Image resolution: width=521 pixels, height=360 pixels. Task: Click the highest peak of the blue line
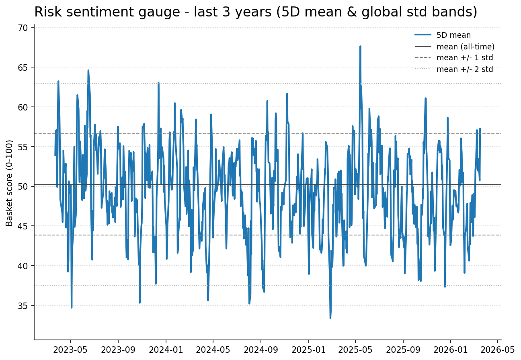(360, 46)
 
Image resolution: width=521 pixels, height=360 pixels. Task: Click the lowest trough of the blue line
(330, 318)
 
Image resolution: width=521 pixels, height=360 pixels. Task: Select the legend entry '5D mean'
(453, 35)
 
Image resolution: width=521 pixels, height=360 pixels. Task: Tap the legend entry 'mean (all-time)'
(465, 47)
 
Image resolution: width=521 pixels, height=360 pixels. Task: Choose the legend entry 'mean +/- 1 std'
(464, 58)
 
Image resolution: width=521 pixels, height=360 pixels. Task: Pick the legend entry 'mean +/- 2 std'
(464, 69)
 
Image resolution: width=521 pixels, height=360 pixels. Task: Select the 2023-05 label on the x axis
(70, 349)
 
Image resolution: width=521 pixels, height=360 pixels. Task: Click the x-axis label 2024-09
(260, 349)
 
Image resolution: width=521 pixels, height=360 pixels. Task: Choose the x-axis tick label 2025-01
(308, 349)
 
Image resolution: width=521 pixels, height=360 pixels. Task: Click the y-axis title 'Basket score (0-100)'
(10, 183)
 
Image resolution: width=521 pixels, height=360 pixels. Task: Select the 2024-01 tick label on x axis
(165, 349)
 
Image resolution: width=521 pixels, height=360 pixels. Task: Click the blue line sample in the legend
(423, 35)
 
